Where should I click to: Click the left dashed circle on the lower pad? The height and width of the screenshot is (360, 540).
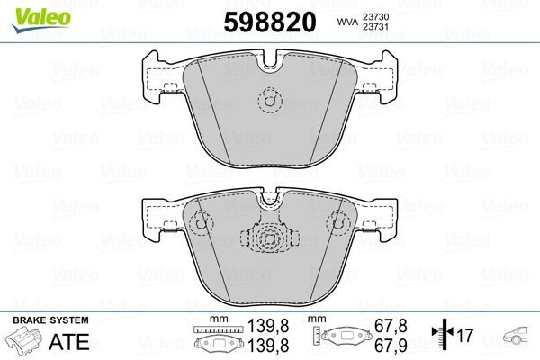point(201,219)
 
